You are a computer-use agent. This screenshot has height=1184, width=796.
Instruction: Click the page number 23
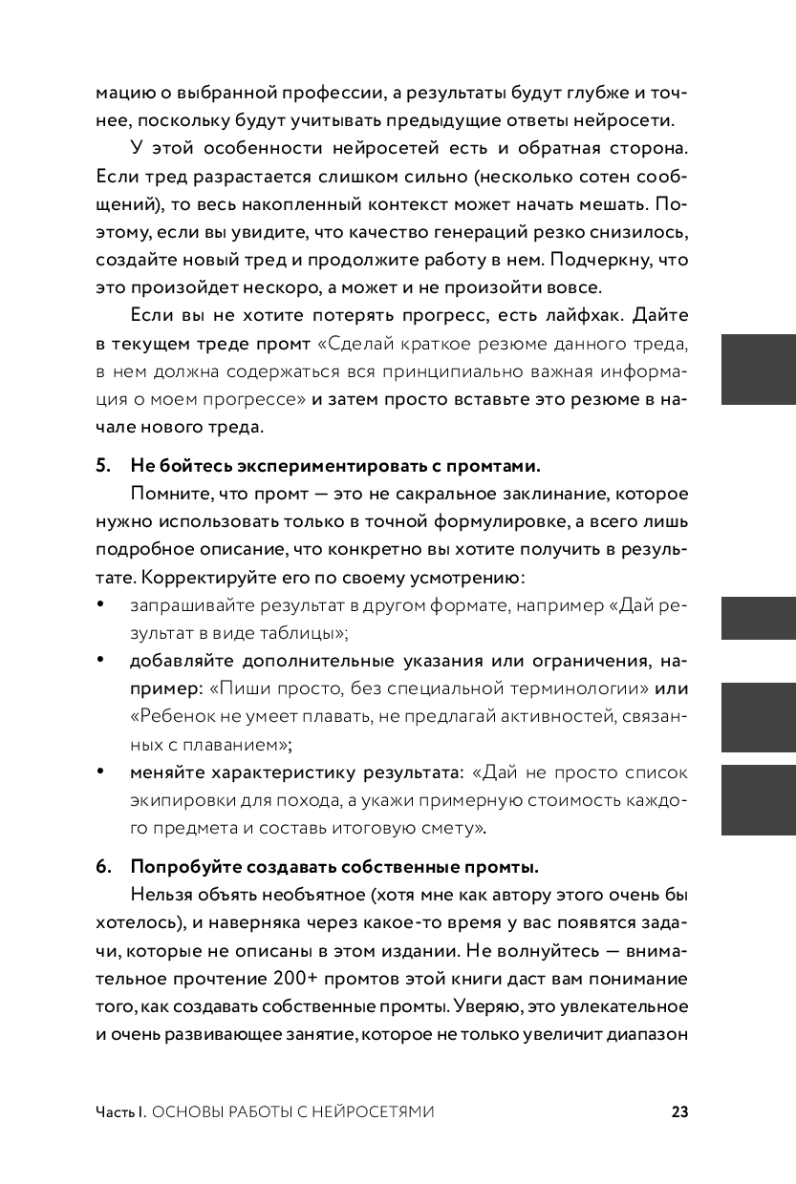pyautogui.click(x=679, y=1111)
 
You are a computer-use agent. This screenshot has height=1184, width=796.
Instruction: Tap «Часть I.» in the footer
pyautogui.click(x=120, y=1111)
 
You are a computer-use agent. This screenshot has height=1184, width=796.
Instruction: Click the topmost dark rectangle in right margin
pyautogui.click(x=758, y=370)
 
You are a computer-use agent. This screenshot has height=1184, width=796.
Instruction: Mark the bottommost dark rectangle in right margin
pyautogui.click(x=758, y=800)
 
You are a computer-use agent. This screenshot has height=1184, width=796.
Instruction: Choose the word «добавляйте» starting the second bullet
pyautogui.click(x=176, y=661)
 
